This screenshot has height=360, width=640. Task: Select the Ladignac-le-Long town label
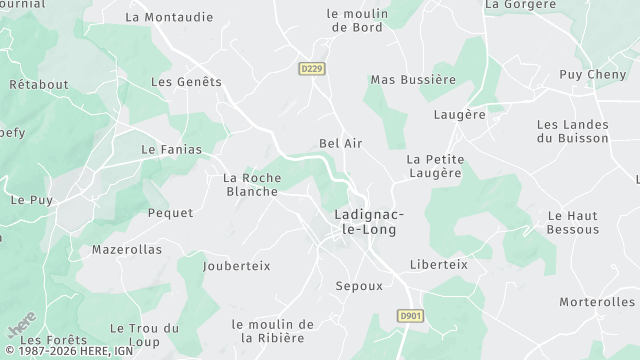(363, 222)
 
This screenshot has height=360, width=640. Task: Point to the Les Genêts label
(185, 82)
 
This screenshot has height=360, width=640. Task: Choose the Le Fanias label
(171, 150)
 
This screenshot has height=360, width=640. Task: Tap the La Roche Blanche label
(252, 185)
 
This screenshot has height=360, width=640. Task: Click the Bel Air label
(340, 144)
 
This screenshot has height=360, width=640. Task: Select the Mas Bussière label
(413, 79)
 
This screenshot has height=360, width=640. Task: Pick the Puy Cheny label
(592, 75)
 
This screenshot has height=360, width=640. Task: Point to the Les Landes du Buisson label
(572, 131)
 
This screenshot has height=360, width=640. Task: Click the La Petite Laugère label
(434, 166)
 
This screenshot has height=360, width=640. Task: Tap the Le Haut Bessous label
(572, 222)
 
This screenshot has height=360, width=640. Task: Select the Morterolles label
(597, 302)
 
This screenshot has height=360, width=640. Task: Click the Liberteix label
(438, 265)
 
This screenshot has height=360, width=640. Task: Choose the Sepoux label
(359, 286)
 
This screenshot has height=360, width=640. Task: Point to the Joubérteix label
(236, 266)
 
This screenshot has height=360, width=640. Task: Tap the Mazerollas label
(126, 250)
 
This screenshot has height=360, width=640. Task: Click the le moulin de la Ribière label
(273, 331)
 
